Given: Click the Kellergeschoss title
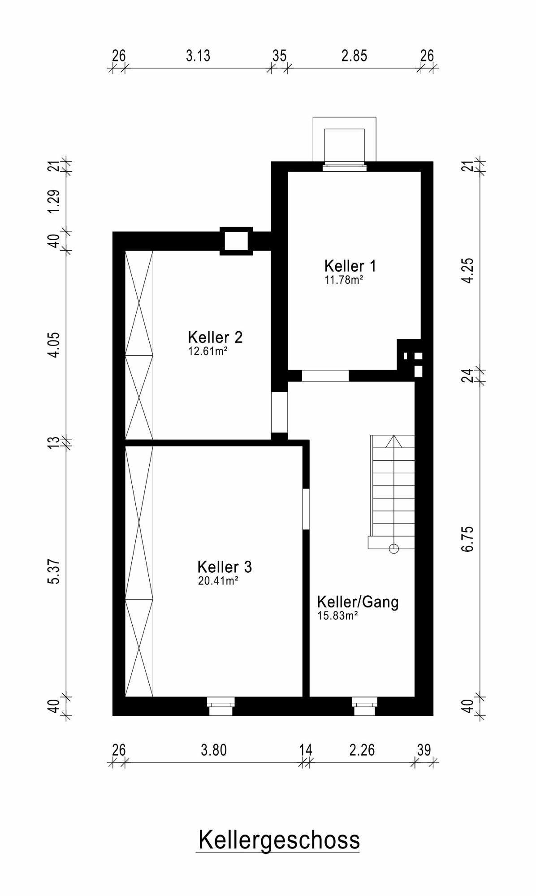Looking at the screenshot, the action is click(279, 840).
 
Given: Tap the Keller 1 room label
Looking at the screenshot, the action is click(350, 266).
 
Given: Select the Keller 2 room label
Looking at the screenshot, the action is click(215, 337).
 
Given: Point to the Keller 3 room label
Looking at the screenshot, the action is click(225, 567).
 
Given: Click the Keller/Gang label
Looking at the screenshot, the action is click(358, 602).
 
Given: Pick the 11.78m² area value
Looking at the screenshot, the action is click(344, 281).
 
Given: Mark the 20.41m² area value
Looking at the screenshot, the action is click(218, 581).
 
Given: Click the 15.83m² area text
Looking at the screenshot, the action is click(337, 616).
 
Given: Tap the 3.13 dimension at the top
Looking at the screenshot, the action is click(198, 56).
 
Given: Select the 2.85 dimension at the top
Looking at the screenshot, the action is click(354, 56).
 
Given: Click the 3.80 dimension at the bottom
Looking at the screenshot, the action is click(214, 750).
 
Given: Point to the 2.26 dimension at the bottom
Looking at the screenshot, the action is click(362, 750).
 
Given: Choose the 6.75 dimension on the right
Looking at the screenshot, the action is click(467, 539).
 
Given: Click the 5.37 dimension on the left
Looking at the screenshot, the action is click(54, 571).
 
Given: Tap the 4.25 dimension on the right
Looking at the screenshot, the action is click(467, 270).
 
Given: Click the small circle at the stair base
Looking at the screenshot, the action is click(393, 548).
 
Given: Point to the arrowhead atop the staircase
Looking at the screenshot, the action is click(393, 441).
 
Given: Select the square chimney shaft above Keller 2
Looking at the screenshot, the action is click(236, 241).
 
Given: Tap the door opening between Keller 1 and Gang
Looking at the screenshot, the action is click(325, 376).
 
